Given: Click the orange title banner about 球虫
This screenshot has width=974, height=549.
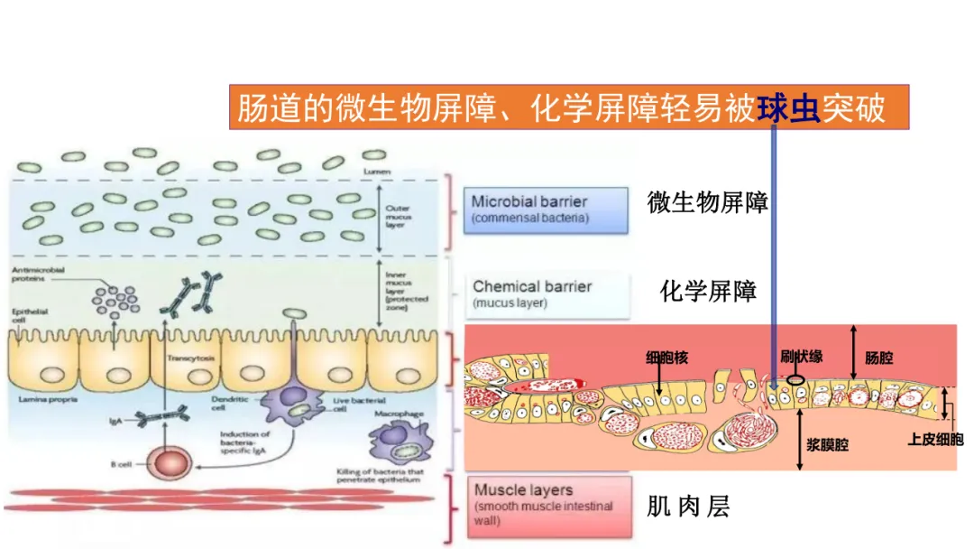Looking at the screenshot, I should (568, 109).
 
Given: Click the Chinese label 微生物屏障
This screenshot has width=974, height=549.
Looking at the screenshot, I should (707, 202).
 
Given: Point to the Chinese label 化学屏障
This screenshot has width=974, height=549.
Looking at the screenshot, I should (708, 291).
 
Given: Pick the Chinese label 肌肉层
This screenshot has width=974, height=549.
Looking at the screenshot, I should (687, 507).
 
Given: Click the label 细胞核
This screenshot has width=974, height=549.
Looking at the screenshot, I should (666, 358).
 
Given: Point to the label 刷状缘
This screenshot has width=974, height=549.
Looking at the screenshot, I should (801, 358).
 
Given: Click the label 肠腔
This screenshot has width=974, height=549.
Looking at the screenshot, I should (878, 358).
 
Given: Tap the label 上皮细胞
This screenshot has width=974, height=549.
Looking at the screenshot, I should (934, 440).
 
